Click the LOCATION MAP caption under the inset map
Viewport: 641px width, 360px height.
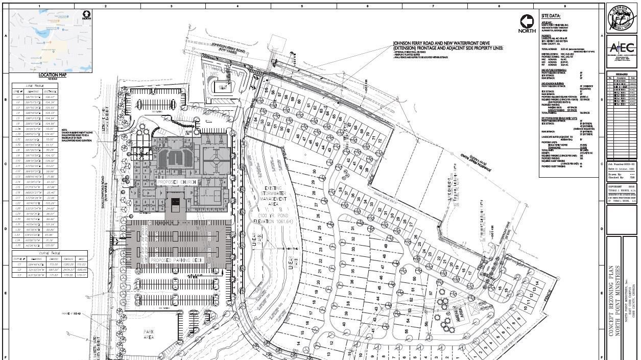click(x=51, y=75)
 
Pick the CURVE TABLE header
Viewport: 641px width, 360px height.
click(x=50, y=252)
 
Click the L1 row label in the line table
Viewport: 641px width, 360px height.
click(x=18, y=96)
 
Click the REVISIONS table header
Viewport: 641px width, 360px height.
click(x=621, y=74)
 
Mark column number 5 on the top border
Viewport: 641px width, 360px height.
click(x=302, y=6)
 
